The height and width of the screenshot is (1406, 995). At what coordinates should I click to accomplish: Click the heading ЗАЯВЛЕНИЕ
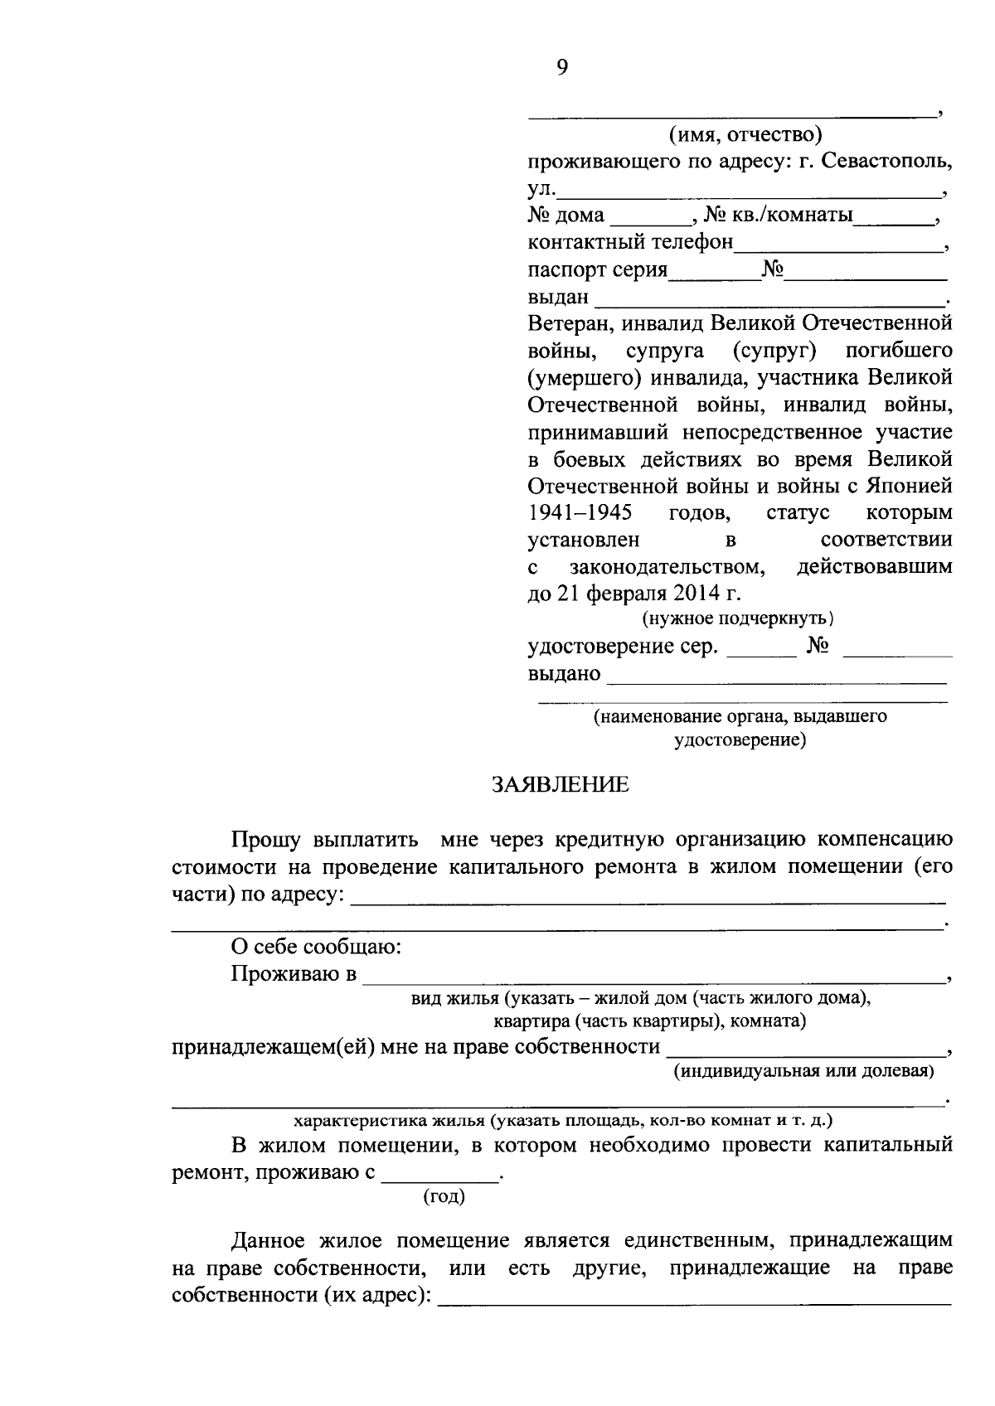[x=561, y=784]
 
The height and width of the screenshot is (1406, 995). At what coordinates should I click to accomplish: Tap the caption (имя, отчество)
[x=745, y=133]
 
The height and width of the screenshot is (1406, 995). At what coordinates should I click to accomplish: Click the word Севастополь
[x=886, y=161]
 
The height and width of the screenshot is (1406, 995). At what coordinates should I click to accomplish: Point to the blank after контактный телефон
[x=837, y=245]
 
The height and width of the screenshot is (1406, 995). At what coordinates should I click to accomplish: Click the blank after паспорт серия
[x=714, y=272]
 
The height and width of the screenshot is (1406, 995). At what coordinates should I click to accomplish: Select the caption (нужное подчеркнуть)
[x=738, y=618]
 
